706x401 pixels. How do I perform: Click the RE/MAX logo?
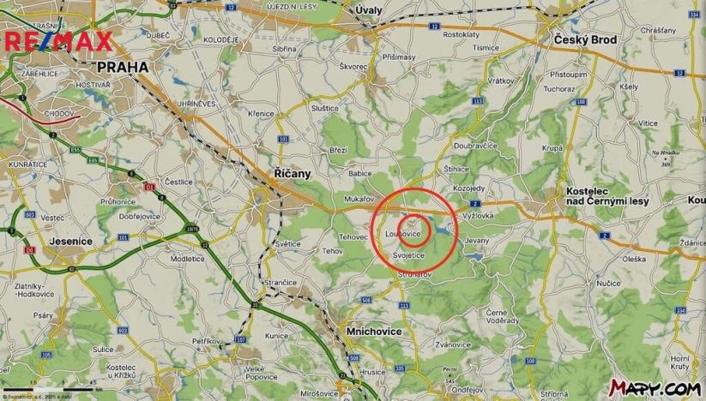58,42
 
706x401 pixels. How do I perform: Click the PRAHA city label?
123,66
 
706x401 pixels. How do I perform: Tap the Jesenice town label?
72,241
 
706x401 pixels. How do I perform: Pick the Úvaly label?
369,9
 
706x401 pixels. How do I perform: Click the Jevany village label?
476,242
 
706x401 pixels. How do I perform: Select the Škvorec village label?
353,66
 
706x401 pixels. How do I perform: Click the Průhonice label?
118,201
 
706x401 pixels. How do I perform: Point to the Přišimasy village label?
399,57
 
